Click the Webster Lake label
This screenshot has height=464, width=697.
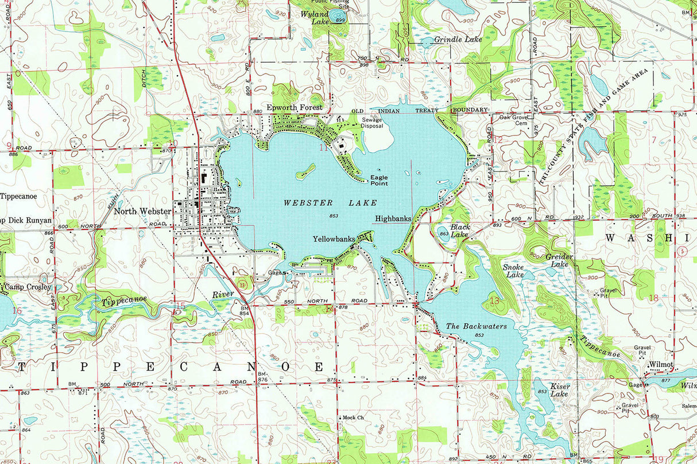coord(330,203)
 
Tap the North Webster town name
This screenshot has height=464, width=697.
coord(142,211)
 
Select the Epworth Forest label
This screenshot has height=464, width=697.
coord(295,107)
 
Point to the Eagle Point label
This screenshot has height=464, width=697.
coord(379,181)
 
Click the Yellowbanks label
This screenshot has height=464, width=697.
coord(334,239)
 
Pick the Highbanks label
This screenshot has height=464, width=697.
coord(393,219)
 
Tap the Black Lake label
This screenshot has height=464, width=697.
coord(460,231)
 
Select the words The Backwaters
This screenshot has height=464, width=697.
coord(477,326)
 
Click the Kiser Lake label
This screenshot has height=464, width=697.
coord(559,390)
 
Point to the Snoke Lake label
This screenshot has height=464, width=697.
coord(513,271)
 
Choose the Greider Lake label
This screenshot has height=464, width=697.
coord(559,260)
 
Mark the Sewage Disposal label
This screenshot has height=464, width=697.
coord(371,123)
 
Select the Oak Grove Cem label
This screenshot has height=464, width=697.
coord(513,120)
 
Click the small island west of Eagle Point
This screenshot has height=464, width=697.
coord(305,171)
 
